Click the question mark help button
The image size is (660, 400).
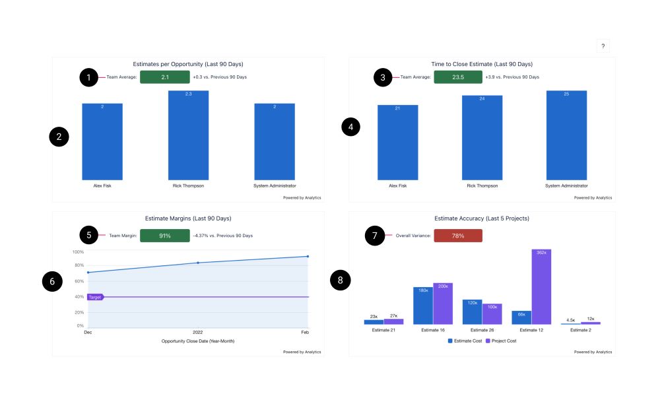click(x=603, y=46)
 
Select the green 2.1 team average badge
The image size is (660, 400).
click(x=165, y=77)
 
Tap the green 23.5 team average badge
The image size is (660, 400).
click(x=458, y=77)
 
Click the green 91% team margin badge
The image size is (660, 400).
click(x=165, y=236)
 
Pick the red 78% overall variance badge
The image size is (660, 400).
click(x=458, y=236)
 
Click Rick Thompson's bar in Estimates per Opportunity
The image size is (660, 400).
click(x=188, y=135)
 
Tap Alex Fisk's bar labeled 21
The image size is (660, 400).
click(x=397, y=142)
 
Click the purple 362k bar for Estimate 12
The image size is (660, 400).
click(x=541, y=287)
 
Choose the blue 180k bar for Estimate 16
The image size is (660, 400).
click(x=423, y=306)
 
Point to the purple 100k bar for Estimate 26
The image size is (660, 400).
click(x=492, y=314)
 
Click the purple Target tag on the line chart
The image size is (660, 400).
click(x=95, y=298)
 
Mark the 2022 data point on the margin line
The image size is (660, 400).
click(x=198, y=263)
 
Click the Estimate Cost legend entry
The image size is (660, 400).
click(x=466, y=341)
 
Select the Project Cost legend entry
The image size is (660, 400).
click(x=501, y=341)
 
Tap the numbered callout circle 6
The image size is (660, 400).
click(x=52, y=281)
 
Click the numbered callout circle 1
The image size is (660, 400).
click(x=89, y=77)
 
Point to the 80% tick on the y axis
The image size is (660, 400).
click(x=78, y=266)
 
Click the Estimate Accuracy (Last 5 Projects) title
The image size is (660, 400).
click(x=482, y=218)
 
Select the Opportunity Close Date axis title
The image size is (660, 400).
click(x=197, y=341)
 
